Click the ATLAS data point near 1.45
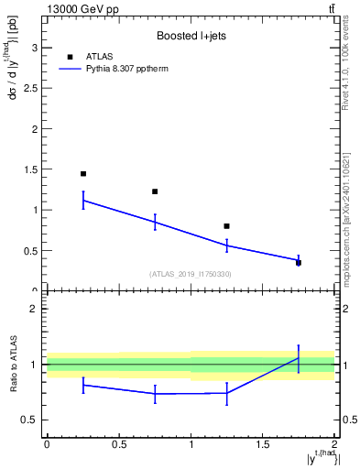(x=83, y=173)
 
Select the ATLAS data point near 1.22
(x=155, y=191)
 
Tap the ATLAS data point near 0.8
(x=226, y=225)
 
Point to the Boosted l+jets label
(x=191, y=37)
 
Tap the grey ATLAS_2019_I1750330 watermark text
(x=191, y=274)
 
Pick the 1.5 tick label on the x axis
(x=262, y=444)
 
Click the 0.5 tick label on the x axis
(x=118, y=444)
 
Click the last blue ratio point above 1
(x=299, y=357)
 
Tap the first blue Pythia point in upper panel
(x=83, y=200)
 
